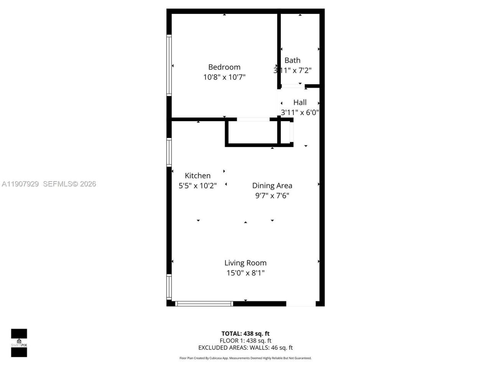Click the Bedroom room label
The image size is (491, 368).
(x=224, y=67)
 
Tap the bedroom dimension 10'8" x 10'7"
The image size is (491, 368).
(x=224, y=77)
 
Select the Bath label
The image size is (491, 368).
(x=292, y=60)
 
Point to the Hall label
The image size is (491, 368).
(x=300, y=102)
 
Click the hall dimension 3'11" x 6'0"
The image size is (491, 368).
(x=300, y=113)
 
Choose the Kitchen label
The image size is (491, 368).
(x=198, y=176)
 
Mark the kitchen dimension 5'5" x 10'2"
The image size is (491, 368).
(x=198, y=186)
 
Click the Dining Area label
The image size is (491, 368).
(x=272, y=186)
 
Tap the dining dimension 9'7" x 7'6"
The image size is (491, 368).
(x=272, y=196)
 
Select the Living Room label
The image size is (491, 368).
(x=245, y=263)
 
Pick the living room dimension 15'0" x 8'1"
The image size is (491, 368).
(x=245, y=273)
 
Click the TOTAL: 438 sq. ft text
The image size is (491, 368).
(x=245, y=333)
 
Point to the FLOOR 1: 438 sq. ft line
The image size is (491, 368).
(x=245, y=341)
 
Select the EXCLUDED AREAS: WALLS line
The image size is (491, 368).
(x=245, y=348)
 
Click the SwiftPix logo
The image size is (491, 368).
(x=19, y=343)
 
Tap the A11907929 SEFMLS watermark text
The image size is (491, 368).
(x=49, y=184)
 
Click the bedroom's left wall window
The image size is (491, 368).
(x=169, y=65)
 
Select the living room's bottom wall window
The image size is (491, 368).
(x=204, y=304)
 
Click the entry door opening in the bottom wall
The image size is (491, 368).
(x=301, y=304)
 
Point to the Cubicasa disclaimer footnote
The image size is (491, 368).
(x=245, y=358)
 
